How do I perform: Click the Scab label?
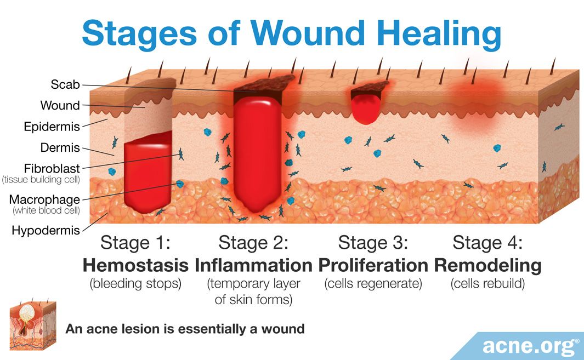65,84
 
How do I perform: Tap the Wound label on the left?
60,105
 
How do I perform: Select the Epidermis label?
52,127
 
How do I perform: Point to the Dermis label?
60,147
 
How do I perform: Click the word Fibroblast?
52,168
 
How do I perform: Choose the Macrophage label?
44,199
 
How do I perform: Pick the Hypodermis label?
46,231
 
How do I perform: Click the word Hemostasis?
135,265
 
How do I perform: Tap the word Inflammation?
253,265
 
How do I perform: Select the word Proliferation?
373,265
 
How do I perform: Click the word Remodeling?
487,266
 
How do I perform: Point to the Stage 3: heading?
373,243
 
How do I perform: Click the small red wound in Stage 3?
366,108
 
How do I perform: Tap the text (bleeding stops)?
135,284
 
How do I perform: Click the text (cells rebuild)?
487,284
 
